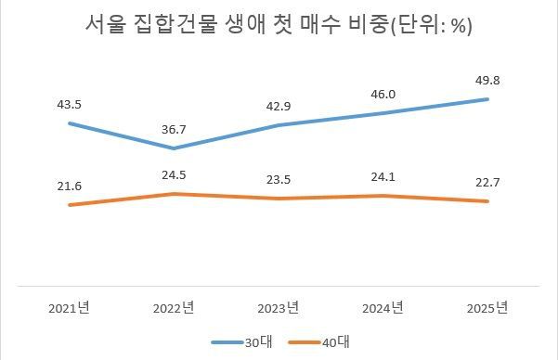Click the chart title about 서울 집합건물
point(278,27)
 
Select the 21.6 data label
point(69,186)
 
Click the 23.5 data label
point(279,179)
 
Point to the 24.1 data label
point(384,175)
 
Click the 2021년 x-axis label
point(69,307)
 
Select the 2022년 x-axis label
point(174,307)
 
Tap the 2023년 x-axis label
point(279,307)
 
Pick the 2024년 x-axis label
point(384,307)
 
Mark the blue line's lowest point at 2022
point(174,148)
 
